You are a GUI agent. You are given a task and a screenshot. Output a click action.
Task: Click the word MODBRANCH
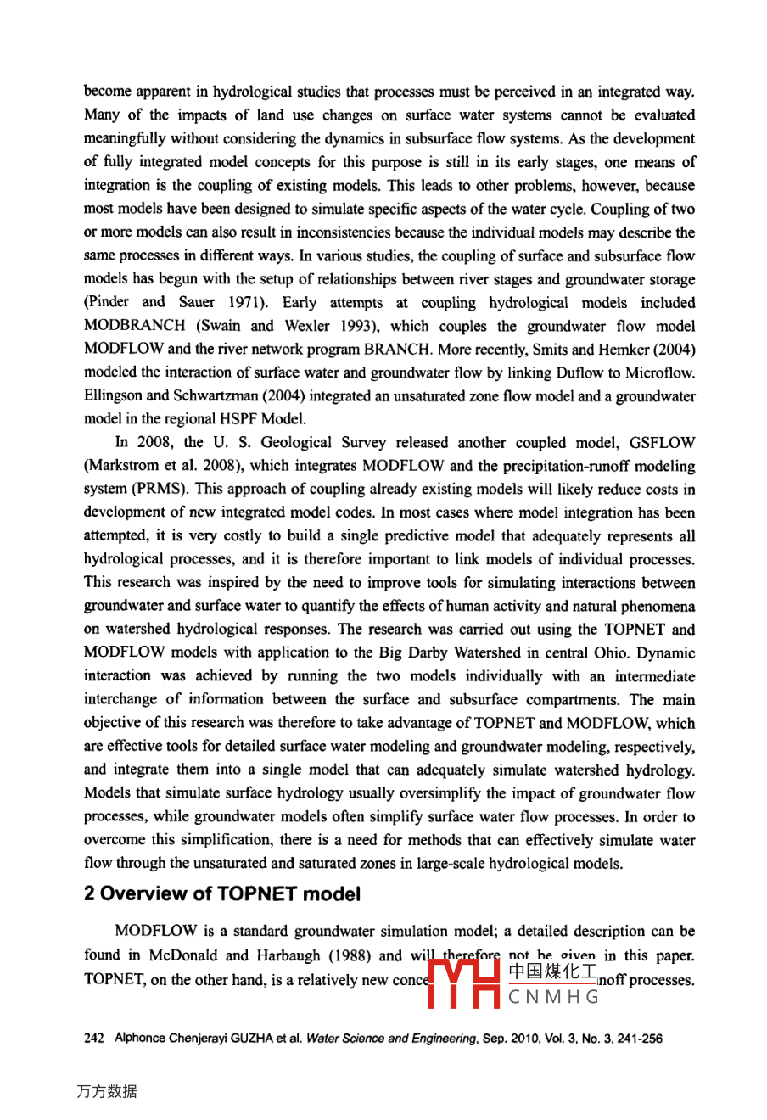click(x=135, y=327)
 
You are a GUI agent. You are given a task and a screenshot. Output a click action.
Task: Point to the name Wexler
click(x=307, y=327)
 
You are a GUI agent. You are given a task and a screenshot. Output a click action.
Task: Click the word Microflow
click(x=661, y=373)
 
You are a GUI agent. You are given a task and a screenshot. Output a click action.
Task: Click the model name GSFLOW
click(x=662, y=443)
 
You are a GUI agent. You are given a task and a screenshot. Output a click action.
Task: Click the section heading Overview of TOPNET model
click(x=222, y=894)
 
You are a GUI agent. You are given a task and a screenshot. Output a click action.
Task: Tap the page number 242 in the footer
click(x=93, y=1039)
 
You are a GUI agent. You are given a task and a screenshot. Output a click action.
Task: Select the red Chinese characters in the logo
click(x=552, y=972)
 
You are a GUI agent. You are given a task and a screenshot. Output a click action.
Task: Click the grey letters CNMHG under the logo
click(x=554, y=997)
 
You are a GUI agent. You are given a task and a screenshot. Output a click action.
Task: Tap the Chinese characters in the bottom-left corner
click(x=106, y=1091)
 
